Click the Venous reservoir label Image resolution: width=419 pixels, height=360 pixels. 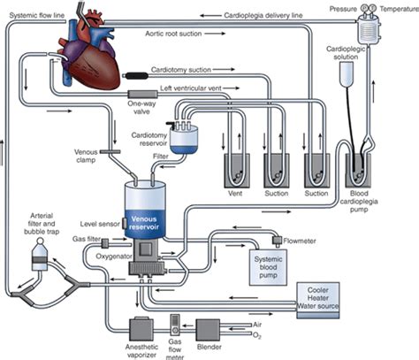[x=144, y=223]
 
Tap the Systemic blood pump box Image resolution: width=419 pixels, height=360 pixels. [x=268, y=267]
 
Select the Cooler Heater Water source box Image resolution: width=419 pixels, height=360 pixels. [x=318, y=300]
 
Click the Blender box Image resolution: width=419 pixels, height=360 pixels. [x=208, y=330]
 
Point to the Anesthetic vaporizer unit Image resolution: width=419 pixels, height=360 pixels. [x=141, y=329]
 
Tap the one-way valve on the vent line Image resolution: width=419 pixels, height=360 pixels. [x=142, y=95]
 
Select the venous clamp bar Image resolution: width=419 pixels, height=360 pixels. [x=110, y=152]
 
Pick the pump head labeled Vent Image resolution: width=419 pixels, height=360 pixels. [x=237, y=171]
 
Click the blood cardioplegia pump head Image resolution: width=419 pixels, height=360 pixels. [x=358, y=171]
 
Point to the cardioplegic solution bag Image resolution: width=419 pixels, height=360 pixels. [x=347, y=74]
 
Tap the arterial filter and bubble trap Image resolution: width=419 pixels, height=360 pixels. [x=40, y=254]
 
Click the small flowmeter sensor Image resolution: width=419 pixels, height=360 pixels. [x=277, y=241]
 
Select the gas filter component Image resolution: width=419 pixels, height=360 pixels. [x=105, y=243]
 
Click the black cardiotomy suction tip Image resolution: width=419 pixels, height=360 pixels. [x=135, y=76]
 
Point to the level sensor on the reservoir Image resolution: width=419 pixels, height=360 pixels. [x=125, y=223]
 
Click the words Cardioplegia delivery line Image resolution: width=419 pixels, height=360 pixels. [x=263, y=15]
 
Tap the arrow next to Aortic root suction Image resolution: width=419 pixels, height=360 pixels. [x=215, y=34]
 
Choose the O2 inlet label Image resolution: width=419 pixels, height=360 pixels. [x=257, y=335]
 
